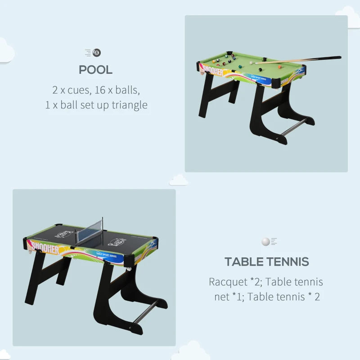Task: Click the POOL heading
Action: point(95,70)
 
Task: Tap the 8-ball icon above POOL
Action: point(97,53)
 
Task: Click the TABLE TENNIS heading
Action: point(266,261)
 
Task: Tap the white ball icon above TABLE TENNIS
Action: point(265,242)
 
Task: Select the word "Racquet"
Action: point(227,282)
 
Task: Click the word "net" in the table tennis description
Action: point(222,297)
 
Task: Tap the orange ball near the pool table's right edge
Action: point(279,67)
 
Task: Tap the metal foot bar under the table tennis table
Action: point(146,312)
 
